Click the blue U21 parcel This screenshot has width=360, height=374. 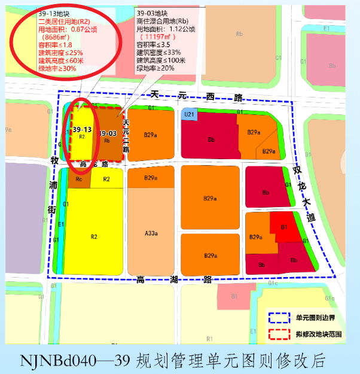[x=189, y=114]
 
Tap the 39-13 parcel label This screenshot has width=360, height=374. [x=82, y=129]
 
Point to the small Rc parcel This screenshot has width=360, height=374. [x=79, y=178]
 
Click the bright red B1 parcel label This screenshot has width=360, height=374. [x=283, y=227]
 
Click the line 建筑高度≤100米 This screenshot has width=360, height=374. [x=161, y=60]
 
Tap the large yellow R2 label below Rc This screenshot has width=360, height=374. [x=94, y=237]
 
